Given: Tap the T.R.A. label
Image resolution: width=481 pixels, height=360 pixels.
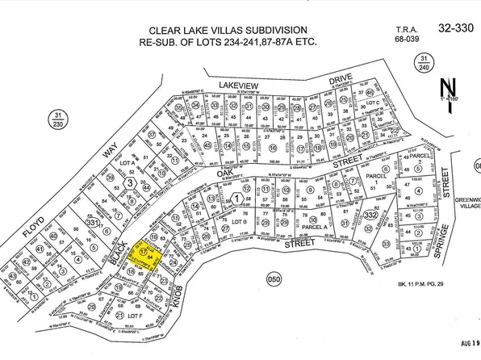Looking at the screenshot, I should coord(407,27).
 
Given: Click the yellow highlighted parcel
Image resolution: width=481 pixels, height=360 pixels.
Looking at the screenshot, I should coord(150,256).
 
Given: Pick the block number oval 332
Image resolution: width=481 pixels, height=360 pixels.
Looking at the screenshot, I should coord(370,215).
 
